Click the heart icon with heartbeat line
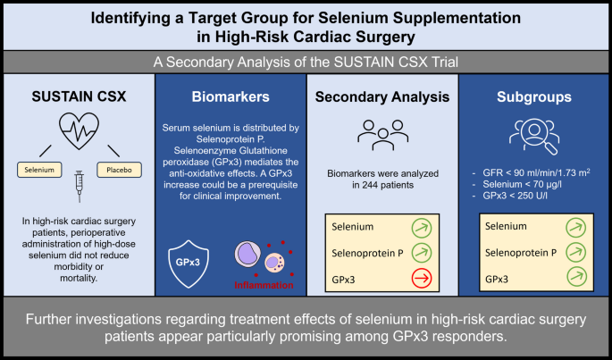(x=79, y=131)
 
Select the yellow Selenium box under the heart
(x=39, y=170)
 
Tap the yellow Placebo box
(x=119, y=170)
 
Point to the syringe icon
(x=80, y=186)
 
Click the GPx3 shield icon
(x=189, y=264)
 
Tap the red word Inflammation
(x=264, y=285)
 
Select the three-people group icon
(x=383, y=135)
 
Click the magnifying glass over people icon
(x=534, y=137)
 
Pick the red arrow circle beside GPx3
(x=422, y=279)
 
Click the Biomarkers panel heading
(x=231, y=96)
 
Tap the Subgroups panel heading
(x=534, y=96)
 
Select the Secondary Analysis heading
(x=382, y=96)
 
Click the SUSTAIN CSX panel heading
(x=79, y=96)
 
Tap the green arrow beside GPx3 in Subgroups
(x=576, y=277)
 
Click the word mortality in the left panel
(x=79, y=278)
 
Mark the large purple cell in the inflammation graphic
(x=247, y=254)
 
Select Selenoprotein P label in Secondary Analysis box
(x=367, y=253)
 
